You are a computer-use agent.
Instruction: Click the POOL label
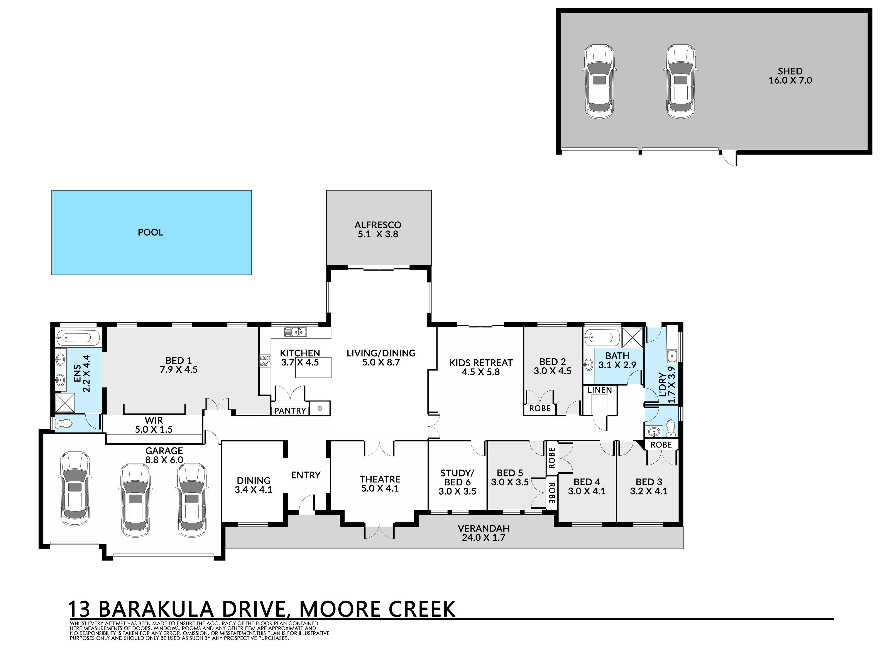click(x=150, y=232)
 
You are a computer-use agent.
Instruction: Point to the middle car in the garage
click(x=135, y=500)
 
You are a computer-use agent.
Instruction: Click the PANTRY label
click(x=290, y=411)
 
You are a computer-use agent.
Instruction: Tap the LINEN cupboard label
click(x=600, y=390)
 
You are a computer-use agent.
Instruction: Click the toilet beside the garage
click(x=63, y=424)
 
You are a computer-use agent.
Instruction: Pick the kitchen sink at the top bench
click(x=295, y=332)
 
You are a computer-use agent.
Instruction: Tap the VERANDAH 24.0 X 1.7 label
click(x=483, y=533)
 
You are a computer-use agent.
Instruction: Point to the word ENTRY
click(x=306, y=475)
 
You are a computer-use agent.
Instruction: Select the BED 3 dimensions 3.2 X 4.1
click(x=649, y=491)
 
